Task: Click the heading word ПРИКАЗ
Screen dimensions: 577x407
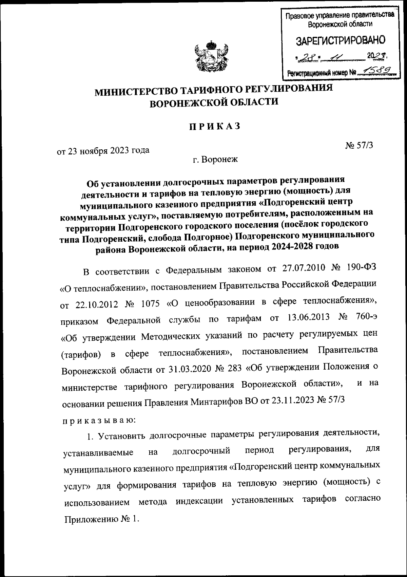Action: [x=215, y=126]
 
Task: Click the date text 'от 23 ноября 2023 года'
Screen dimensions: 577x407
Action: [x=103, y=150]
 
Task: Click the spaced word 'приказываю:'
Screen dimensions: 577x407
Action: [x=99, y=421]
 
